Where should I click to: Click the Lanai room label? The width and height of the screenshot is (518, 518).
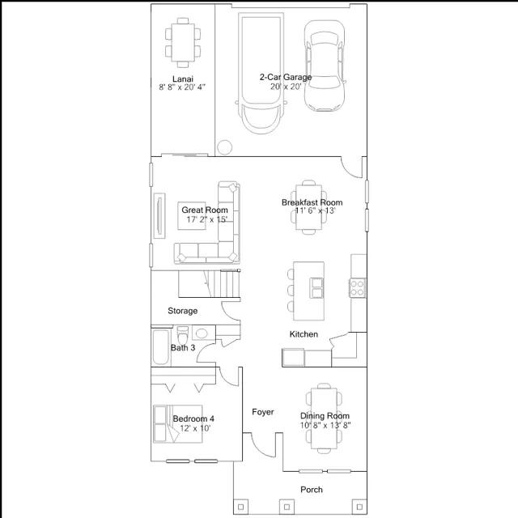coord(183,79)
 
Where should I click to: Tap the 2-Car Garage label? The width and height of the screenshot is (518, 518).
coord(286,77)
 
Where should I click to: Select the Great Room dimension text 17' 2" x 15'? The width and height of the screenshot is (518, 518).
coord(207,219)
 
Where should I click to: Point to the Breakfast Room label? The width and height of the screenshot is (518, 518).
coord(312,202)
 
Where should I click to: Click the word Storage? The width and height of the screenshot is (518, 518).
coord(183,311)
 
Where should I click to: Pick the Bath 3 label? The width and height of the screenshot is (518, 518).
coord(183,347)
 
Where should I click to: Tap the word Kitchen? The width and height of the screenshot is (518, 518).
coord(304,334)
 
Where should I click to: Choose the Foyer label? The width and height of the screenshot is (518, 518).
coord(263,412)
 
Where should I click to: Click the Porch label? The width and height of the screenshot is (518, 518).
coord(312,490)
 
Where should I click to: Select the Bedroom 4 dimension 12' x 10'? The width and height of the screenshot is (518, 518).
coord(195,428)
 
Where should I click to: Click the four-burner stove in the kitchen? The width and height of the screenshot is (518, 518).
coord(358,288)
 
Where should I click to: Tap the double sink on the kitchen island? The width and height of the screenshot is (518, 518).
coord(316,288)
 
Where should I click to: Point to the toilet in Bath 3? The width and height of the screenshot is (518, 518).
coord(182,334)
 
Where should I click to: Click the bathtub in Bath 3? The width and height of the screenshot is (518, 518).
coord(161,347)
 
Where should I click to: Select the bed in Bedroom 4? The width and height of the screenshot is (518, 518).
coord(178,424)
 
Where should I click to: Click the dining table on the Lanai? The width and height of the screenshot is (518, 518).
coord(183,43)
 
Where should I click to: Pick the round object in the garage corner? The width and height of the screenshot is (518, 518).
coord(225,147)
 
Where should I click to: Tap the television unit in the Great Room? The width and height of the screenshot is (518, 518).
coord(159,216)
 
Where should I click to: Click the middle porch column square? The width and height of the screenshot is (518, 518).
coord(287,507)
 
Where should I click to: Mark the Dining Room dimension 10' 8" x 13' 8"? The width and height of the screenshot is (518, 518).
coord(325,425)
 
